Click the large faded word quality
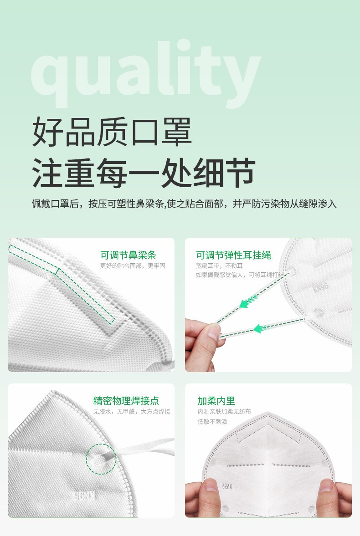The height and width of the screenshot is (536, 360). click(x=146, y=73)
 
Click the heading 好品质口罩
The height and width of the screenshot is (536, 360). click(x=112, y=132)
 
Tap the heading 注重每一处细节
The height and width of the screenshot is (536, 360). click(x=143, y=173)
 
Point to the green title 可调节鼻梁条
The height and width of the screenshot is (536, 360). click(x=128, y=255)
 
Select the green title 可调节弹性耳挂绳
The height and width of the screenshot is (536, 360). click(x=233, y=255)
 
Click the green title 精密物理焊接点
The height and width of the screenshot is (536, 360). click(x=126, y=401)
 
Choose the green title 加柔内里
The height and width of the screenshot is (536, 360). click(x=216, y=401)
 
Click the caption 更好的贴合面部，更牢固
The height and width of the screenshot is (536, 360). click(x=133, y=266)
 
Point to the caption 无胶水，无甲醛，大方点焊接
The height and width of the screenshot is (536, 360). click(x=132, y=412)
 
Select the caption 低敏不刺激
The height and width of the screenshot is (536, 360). click(x=212, y=422)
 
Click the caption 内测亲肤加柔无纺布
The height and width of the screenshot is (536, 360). click(x=224, y=412)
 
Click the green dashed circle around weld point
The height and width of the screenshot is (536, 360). click(x=101, y=459)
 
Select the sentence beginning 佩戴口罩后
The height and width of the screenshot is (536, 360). click(x=184, y=204)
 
